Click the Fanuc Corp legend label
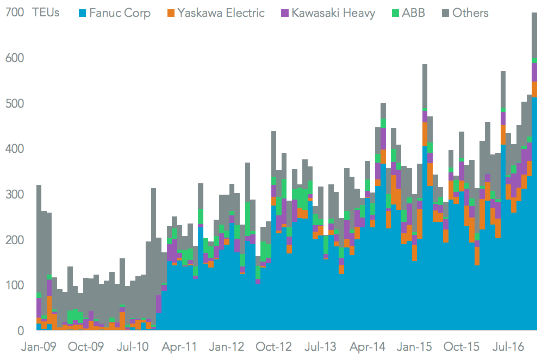(120, 13)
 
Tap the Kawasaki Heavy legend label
(333, 13)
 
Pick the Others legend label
(471, 13)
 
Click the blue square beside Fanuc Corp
(83, 13)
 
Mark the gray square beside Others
(446, 13)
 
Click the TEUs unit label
(47, 13)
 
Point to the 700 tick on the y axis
(14, 13)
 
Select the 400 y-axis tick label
(14, 149)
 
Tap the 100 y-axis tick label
(14, 285)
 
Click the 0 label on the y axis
(20, 331)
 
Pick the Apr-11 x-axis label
(180, 347)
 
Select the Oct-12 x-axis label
(274, 347)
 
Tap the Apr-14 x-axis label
(368, 347)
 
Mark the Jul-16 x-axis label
(508, 347)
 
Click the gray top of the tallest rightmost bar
(534, 33)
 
